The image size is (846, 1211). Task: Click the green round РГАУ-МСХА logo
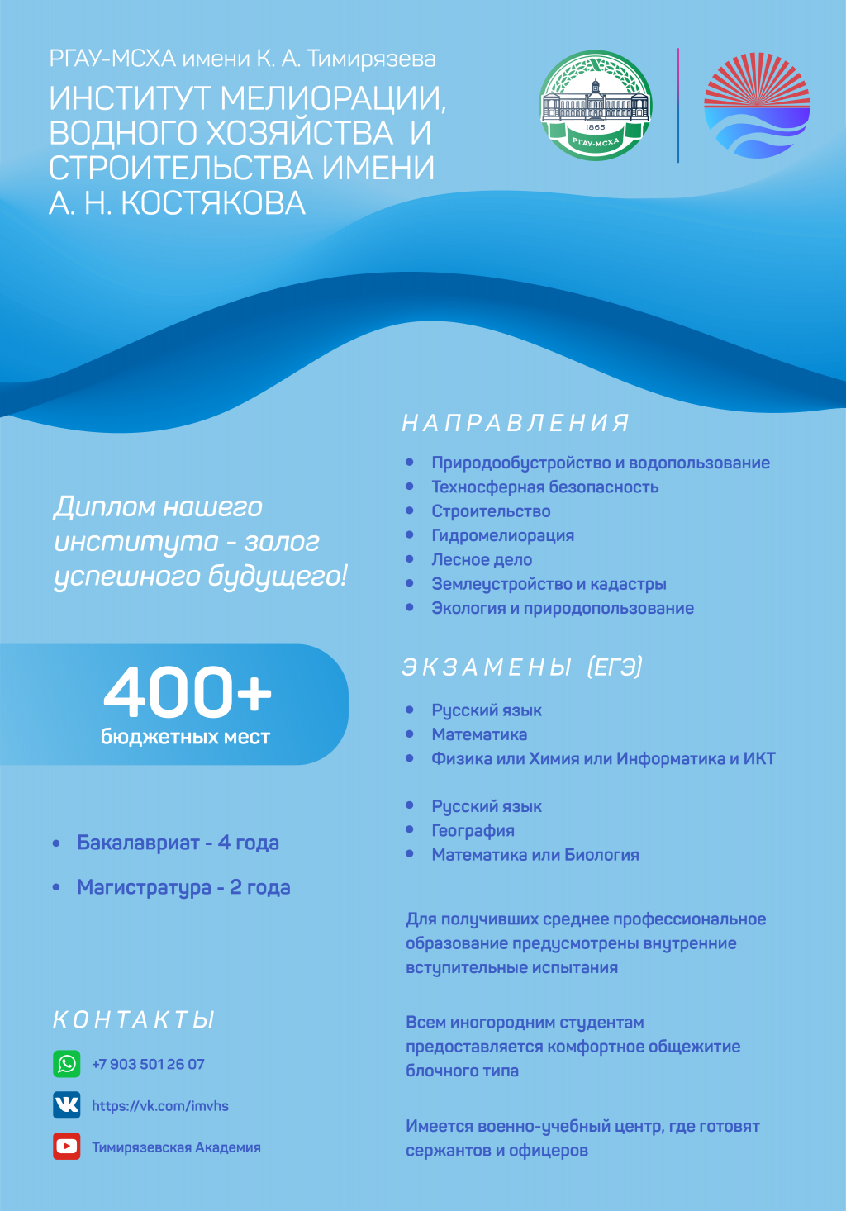click(x=596, y=106)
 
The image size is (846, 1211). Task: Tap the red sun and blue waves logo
click(x=757, y=106)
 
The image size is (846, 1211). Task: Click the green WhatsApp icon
click(x=67, y=1063)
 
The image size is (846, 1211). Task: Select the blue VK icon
click(x=67, y=1104)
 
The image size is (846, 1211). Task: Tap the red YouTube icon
click(x=67, y=1147)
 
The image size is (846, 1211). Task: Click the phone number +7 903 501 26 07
click(x=148, y=1064)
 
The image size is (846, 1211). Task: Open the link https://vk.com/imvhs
click(x=160, y=1106)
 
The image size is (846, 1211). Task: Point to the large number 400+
click(x=188, y=692)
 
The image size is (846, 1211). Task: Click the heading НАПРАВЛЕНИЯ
click(x=516, y=423)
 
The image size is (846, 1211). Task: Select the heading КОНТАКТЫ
click(x=134, y=1020)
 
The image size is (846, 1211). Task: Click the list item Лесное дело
click(x=482, y=560)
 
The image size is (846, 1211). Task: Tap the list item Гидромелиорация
click(x=502, y=535)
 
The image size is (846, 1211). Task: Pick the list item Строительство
click(x=491, y=511)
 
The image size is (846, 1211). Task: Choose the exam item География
click(x=473, y=831)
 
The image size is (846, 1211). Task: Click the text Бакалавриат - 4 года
click(x=178, y=843)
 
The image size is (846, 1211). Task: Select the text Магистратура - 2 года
click(x=183, y=887)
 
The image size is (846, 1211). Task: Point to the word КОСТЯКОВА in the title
click(x=213, y=203)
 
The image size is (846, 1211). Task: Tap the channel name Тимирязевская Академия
click(x=176, y=1147)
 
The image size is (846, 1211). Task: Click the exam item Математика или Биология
click(x=535, y=855)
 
